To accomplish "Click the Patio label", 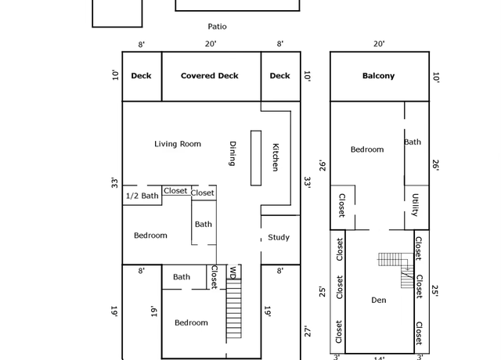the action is (218, 27).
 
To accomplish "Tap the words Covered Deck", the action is (210, 76).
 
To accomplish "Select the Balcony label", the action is (378, 76).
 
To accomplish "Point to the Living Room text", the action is (178, 144).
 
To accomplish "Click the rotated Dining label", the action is (233, 153).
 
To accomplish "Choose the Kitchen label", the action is (276, 157).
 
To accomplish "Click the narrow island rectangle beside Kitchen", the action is (256, 158).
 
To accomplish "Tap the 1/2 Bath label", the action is (142, 196).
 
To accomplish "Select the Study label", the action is (279, 237).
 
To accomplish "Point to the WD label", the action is (233, 273).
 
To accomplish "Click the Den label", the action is (379, 300).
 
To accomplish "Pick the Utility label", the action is (415, 205).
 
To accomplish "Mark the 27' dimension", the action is (308, 332).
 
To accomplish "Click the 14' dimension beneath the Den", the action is (379, 358).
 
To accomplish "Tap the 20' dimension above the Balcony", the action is (379, 44).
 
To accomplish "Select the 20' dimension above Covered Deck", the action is (211, 44).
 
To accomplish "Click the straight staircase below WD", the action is (234, 308).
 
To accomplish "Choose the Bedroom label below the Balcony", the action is (367, 149).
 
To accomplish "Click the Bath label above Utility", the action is (413, 142).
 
